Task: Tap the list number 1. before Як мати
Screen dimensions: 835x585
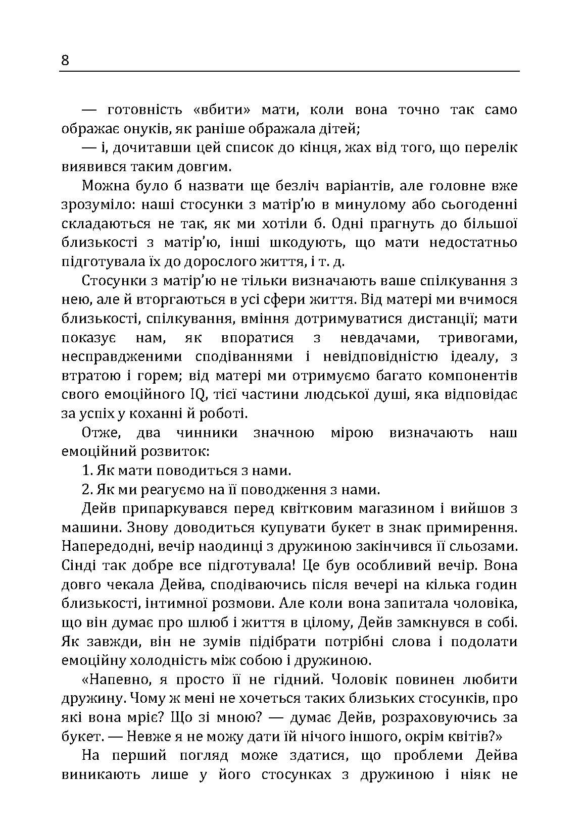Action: (x=87, y=471)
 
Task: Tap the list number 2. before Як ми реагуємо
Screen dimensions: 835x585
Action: (x=87, y=490)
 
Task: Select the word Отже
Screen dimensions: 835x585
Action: (x=100, y=433)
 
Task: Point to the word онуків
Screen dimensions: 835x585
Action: (x=145, y=129)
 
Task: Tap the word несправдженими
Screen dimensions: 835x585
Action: (x=122, y=357)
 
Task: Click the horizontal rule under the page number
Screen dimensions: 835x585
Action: (x=289, y=71)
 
